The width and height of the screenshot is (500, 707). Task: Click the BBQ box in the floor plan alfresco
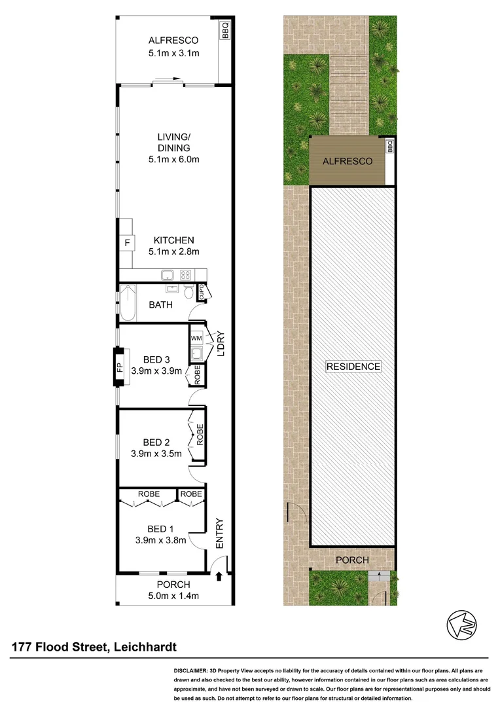(226, 31)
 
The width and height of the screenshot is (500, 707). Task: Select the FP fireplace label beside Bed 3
(120, 367)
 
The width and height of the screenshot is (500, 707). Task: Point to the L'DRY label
(221, 342)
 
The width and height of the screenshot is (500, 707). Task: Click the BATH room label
(160, 304)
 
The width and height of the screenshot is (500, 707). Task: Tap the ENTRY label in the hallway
(219, 534)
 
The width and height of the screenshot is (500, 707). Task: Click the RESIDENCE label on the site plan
(353, 367)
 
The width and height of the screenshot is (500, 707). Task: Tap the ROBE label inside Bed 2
(200, 435)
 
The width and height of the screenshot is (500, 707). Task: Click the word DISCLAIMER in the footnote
(190, 672)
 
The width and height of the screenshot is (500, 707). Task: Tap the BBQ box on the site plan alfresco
(389, 147)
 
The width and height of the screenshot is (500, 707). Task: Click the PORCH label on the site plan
(352, 560)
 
